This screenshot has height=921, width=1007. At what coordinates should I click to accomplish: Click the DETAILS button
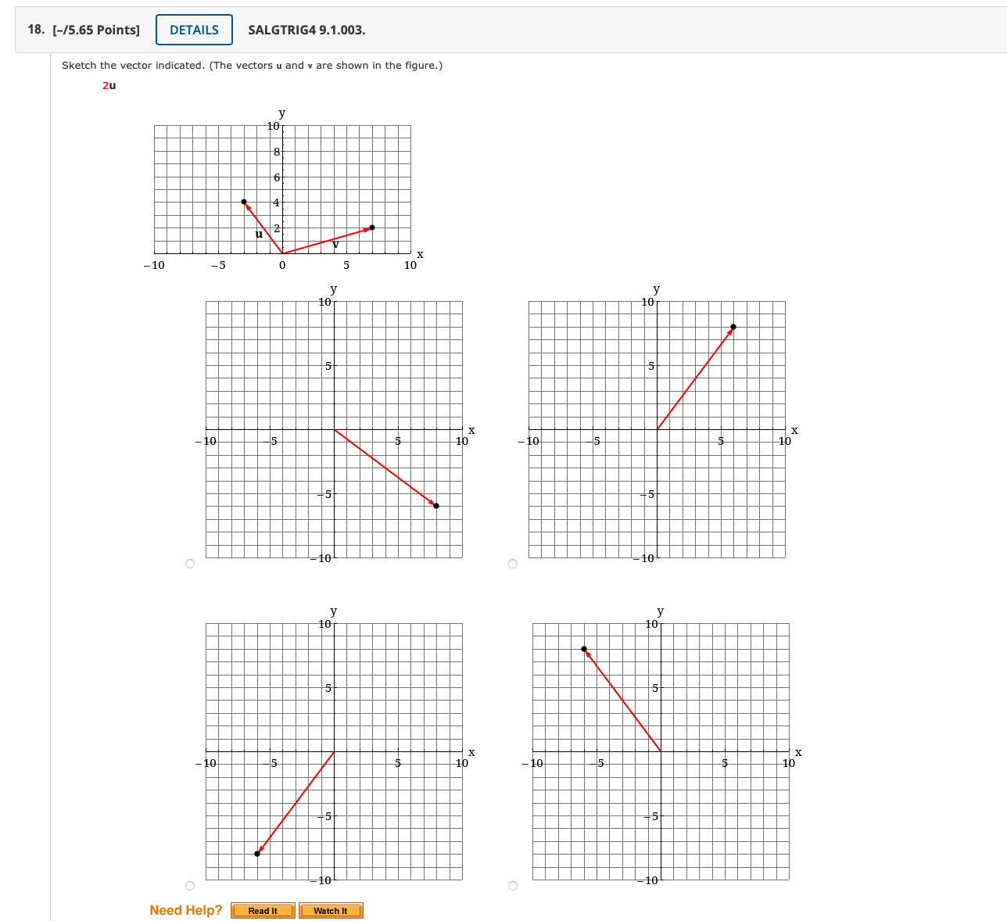click(x=194, y=30)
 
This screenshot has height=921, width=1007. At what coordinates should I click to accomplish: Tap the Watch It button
click(x=331, y=911)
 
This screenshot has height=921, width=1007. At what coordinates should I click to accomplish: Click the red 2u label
click(x=109, y=85)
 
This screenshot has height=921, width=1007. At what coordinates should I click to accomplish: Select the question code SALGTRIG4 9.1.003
click(x=306, y=30)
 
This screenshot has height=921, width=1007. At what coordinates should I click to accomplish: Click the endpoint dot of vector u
click(x=244, y=202)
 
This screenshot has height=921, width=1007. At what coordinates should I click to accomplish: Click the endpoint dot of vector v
click(x=372, y=228)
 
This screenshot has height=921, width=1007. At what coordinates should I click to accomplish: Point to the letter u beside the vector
click(x=259, y=233)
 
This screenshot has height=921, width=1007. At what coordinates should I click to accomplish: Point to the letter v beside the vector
click(x=335, y=245)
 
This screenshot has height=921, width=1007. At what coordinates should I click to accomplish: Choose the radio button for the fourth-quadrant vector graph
click(x=190, y=564)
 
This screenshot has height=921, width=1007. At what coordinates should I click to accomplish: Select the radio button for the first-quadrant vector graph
click(x=513, y=564)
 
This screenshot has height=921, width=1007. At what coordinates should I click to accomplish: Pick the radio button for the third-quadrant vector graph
click(x=190, y=886)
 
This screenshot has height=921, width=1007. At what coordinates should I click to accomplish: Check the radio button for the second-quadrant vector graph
click(x=513, y=886)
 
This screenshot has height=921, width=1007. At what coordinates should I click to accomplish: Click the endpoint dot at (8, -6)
click(x=436, y=506)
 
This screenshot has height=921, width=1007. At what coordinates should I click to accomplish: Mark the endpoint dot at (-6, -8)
click(x=257, y=854)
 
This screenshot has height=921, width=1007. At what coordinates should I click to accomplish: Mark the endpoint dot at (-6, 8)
click(x=584, y=649)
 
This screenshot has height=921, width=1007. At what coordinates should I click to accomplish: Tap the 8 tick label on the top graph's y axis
click(x=277, y=152)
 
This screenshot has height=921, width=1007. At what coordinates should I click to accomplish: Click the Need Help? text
click(x=185, y=910)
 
